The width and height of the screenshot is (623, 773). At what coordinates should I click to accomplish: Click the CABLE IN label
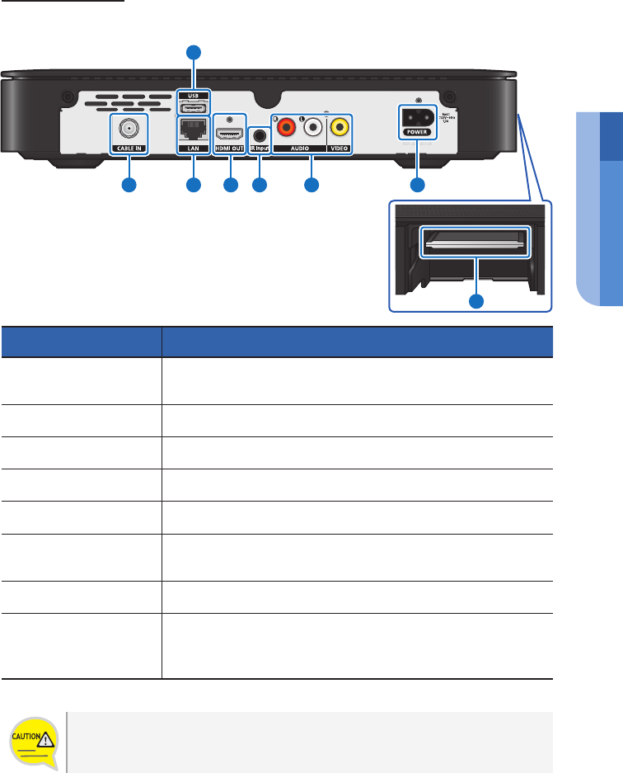click(x=128, y=148)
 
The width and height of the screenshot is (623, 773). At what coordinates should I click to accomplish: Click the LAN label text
click(x=194, y=148)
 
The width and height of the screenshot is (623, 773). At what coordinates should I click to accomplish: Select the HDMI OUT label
click(x=230, y=148)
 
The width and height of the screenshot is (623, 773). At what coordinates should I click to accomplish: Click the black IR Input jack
click(x=261, y=132)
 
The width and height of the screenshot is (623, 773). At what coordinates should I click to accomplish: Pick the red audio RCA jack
click(x=287, y=128)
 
